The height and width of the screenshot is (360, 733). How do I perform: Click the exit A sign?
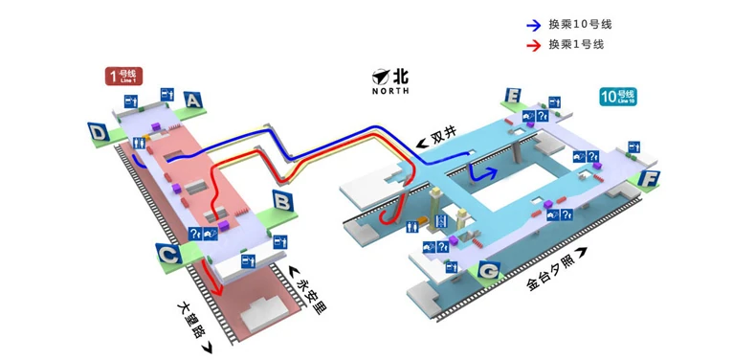(x=194, y=99)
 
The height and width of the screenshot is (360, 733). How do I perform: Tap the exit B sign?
(x=282, y=201)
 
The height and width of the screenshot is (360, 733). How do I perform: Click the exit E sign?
(x=514, y=97)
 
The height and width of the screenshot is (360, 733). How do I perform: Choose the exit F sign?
(x=650, y=178)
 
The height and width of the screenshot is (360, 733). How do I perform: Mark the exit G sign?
(x=489, y=273)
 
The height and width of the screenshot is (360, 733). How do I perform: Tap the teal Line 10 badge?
(x=618, y=96)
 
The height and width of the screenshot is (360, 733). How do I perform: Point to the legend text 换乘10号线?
(x=580, y=25)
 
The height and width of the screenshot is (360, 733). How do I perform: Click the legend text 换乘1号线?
(x=576, y=45)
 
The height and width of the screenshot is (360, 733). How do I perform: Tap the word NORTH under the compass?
(x=390, y=91)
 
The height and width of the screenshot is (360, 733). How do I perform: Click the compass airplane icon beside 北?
(x=380, y=75)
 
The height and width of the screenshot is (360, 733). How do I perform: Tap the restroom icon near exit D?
(x=141, y=143)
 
